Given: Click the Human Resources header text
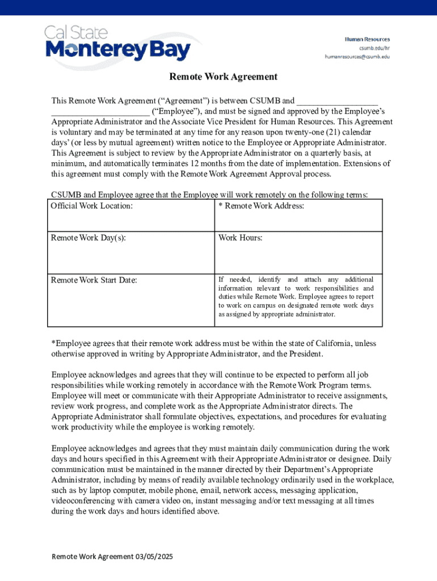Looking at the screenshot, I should [368, 39].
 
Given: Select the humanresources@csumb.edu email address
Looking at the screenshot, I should [357, 56].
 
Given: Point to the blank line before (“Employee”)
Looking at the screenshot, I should [100, 112].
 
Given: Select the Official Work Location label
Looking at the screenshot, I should [91, 205].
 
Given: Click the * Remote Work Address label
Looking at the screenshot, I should [261, 205].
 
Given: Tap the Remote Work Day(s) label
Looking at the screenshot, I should [88, 238].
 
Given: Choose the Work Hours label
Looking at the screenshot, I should [240, 238].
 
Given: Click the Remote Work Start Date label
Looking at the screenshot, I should [94, 280].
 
